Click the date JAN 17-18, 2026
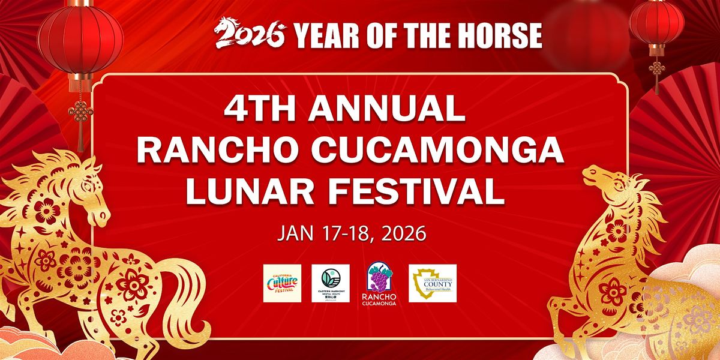(x=351, y=233)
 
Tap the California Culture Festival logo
(x=282, y=283)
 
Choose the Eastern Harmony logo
(x=330, y=283)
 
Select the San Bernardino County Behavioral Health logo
(x=433, y=283)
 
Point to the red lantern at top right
(x=657, y=27)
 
